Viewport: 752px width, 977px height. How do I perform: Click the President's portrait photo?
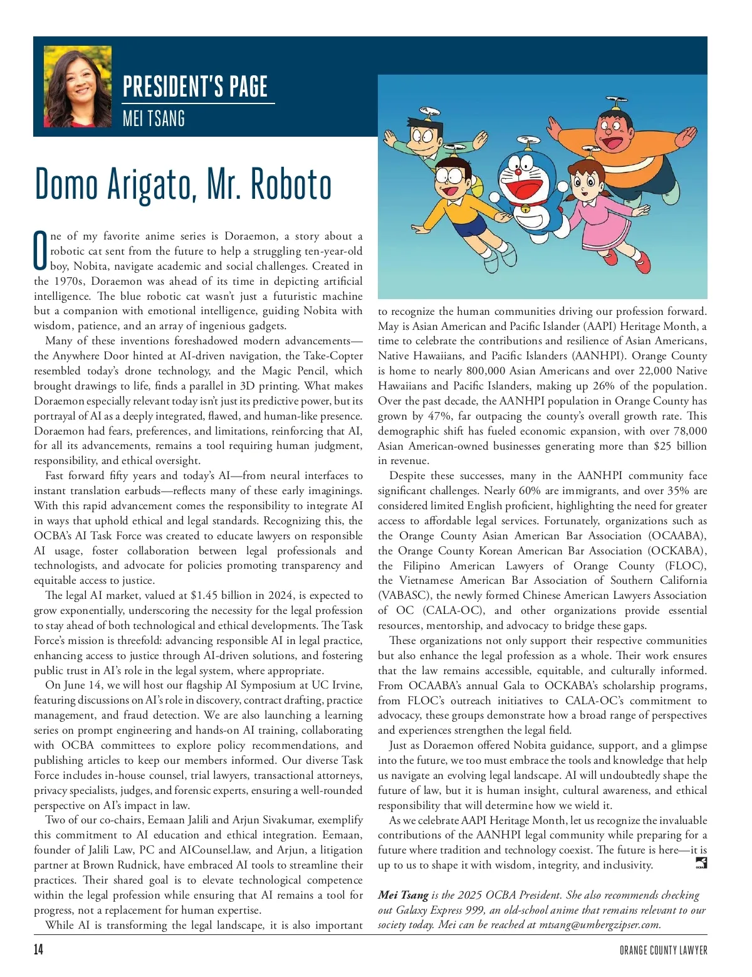pos(78,87)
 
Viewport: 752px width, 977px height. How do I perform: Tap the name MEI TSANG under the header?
pos(154,118)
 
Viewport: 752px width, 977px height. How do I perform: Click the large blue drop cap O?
pos(40,251)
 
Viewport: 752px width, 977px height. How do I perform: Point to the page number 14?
pos(39,949)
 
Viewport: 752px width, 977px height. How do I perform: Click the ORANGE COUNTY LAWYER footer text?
pos(663,950)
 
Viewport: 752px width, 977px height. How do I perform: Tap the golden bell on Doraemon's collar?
pos(525,208)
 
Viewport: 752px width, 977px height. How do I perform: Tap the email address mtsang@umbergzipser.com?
pos(599,924)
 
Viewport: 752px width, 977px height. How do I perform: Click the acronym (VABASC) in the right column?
pos(404,595)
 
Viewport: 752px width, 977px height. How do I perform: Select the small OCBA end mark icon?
pos(701,864)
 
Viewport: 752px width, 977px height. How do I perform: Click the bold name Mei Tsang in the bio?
pos(403,895)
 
